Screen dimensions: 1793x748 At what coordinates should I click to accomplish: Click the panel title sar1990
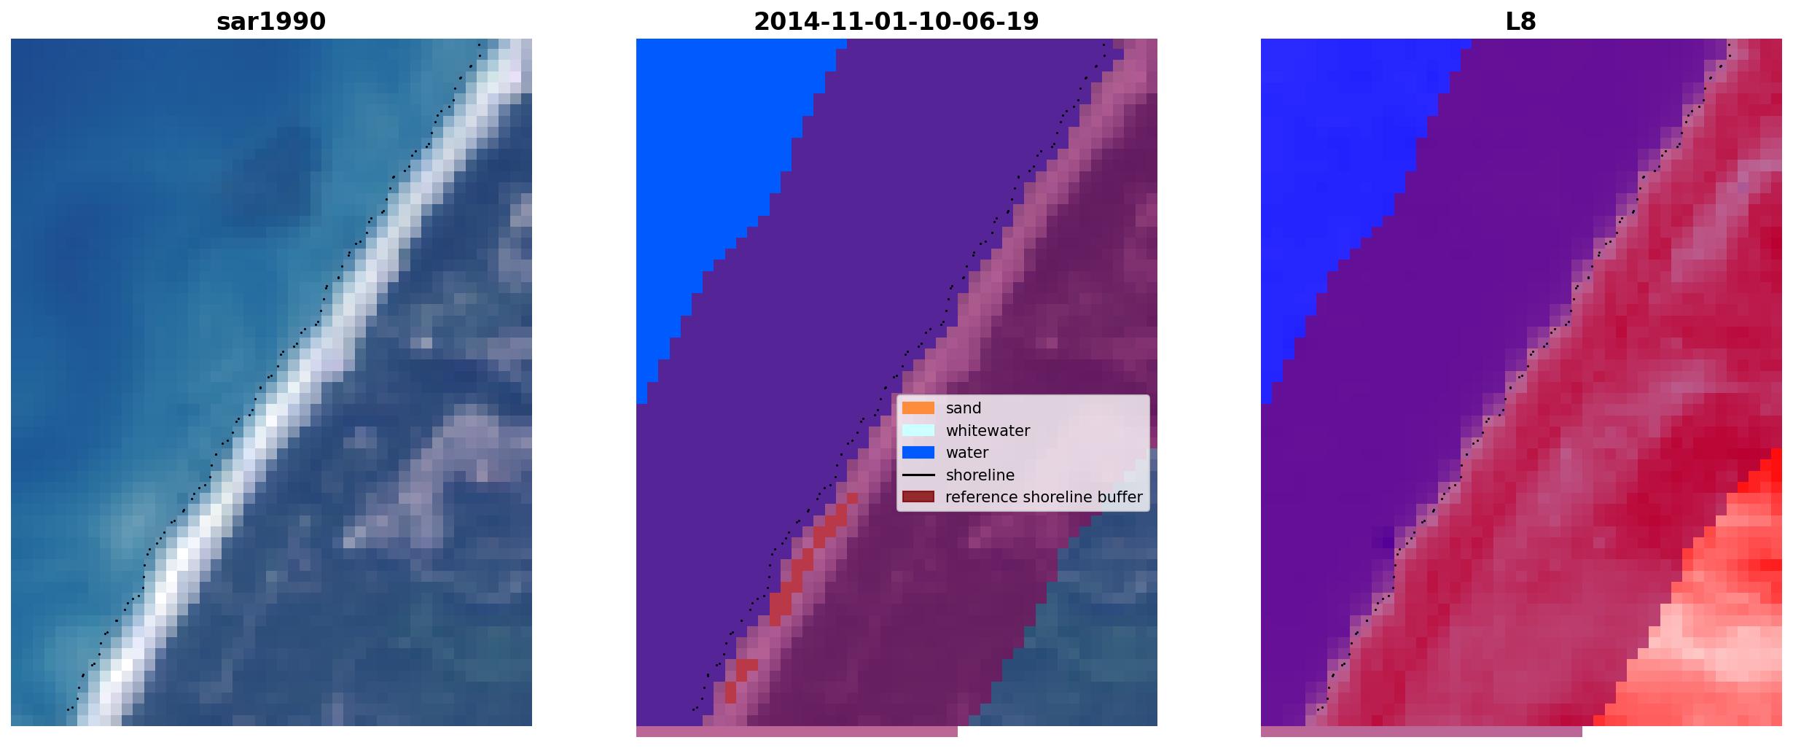[271, 22]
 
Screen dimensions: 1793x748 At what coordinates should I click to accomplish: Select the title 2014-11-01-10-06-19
[896, 22]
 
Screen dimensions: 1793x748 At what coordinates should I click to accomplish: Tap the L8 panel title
[1520, 22]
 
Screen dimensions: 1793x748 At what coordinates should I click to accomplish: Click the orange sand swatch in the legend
[918, 408]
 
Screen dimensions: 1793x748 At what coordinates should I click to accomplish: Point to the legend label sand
[964, 408]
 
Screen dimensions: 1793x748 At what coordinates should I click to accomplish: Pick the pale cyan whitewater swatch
[918, 430]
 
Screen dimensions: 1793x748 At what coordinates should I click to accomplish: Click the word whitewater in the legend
[988, 431]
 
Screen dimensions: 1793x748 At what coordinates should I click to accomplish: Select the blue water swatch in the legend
[918, 453]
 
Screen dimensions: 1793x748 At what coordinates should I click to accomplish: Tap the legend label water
[967, 453]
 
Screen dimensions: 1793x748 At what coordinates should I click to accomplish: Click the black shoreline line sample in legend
[918, 475]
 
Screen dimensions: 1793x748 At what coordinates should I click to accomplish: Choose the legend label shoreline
[980, 475]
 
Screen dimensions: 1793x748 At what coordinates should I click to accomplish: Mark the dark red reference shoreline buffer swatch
[918, 497]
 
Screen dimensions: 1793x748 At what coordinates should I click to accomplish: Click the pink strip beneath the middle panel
[797, 731]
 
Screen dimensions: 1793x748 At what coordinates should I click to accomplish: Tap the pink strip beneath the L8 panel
[1421, 731]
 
